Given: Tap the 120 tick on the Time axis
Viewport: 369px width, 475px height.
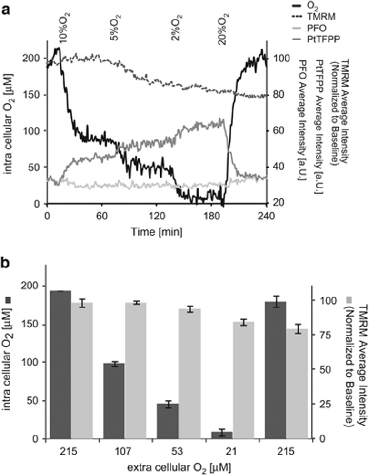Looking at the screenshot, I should [x=157, y=215].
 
